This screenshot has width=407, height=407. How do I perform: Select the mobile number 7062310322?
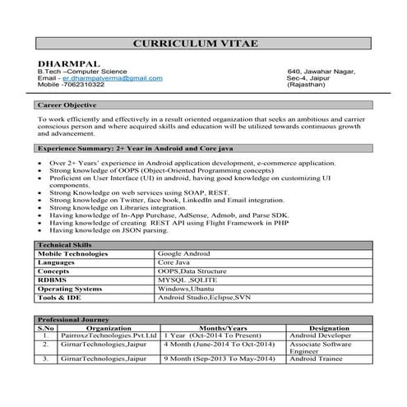tap(81, 85)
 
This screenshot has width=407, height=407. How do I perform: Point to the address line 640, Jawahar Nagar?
tap(321, 72)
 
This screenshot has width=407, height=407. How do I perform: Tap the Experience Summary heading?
tap(123, 148)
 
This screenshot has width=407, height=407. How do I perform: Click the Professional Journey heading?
tap(74, 319)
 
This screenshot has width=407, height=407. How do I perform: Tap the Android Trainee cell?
tap(316, 359)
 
